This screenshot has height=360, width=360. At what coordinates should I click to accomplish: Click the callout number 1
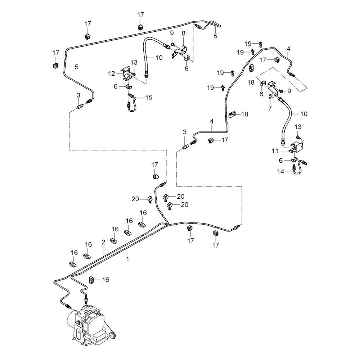127,258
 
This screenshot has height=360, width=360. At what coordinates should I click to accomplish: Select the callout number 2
103,242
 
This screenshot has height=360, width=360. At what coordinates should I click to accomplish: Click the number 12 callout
112,73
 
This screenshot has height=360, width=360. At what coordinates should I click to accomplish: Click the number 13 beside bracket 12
134,63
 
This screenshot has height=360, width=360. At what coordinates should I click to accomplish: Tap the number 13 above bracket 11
298,127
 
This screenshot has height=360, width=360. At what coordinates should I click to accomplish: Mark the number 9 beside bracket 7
289,91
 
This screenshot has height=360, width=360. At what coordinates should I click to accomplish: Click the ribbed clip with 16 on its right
91,280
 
